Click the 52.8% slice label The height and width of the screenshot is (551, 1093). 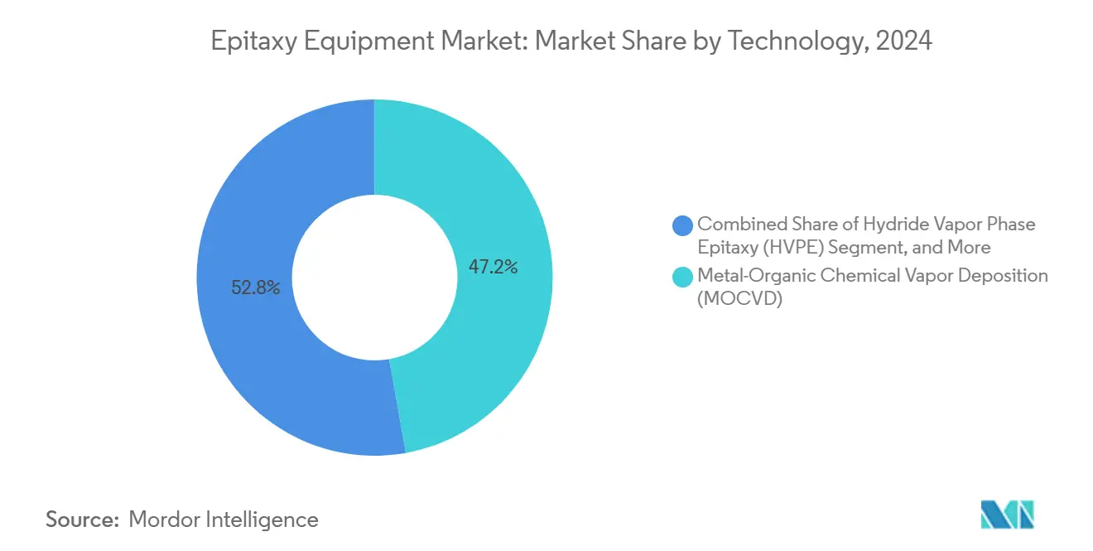click(256, 288)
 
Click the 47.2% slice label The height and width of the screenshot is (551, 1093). click(494, 267)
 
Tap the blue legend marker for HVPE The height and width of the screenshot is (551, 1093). click(683, 225)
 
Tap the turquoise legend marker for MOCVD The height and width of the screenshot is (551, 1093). click(683, 278)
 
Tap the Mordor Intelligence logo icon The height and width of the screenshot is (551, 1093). click(1008, 515)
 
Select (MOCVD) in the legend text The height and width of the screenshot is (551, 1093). click(739, 299)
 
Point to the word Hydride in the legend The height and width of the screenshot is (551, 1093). click(888, 224)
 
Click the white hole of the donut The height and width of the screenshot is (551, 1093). click(374, 277)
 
